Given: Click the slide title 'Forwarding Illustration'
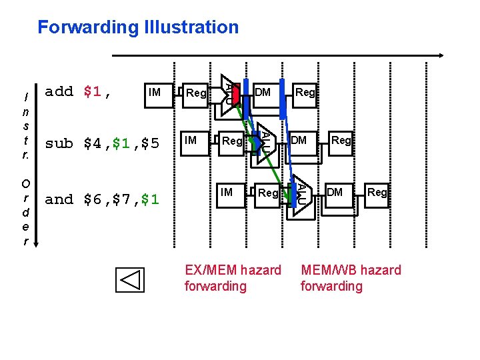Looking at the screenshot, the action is (x=138, y=27).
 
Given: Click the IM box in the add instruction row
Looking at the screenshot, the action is (x=155, y=92).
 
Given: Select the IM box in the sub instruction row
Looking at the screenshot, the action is (x=191, y=140).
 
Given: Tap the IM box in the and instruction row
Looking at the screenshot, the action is (x=227, y=193).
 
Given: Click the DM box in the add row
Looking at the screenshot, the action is (x=263, y=92).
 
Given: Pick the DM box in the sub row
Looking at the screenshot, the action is (x=299, y=140).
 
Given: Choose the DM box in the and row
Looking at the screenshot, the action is (x=335, y=193).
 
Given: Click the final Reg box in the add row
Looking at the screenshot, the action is (x=305, y=92).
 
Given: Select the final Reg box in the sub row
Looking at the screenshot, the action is (x=341, y=140).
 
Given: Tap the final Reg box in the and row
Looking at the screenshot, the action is (x=377, y=193).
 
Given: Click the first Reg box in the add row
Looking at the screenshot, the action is (x=196, y=93).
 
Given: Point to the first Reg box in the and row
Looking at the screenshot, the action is (x=268, y=193).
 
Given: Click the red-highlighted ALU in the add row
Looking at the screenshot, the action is (x=231, y=92).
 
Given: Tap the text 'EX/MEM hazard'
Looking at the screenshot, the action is (x=233, y=270).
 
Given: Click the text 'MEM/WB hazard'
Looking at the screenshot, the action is (x=351, y=270).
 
